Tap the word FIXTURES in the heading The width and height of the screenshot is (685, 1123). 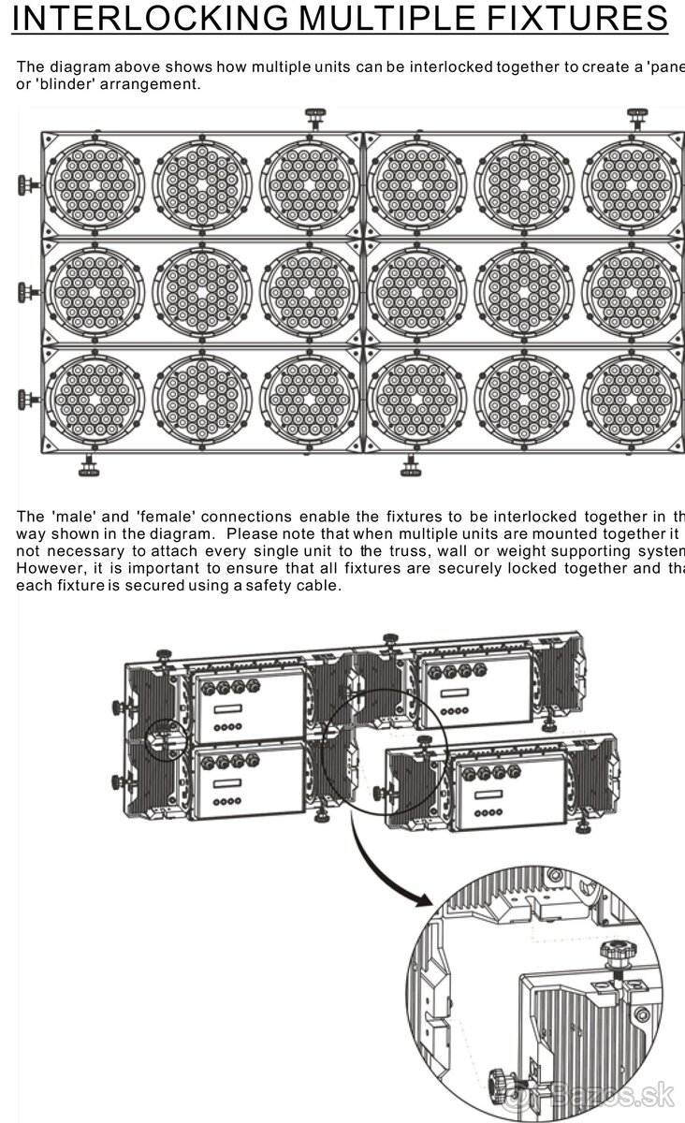(570, 18)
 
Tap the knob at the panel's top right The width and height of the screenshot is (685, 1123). (637, 119)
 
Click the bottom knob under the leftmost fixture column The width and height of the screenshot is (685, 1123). (90, 463)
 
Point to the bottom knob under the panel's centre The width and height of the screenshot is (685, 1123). (409, 463)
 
